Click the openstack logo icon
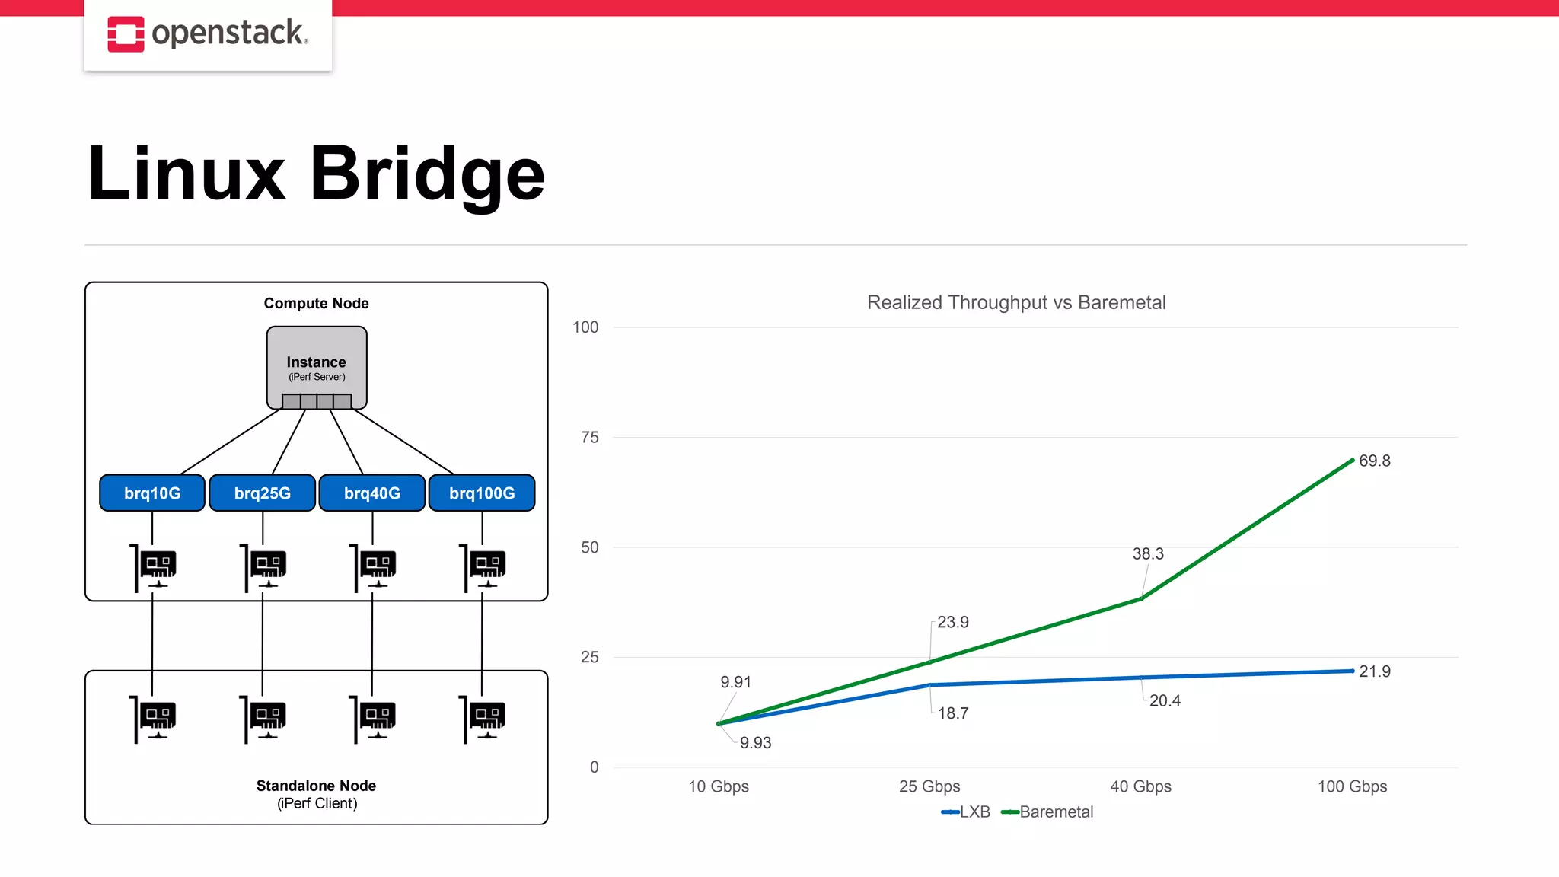126,34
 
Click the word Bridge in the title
427,174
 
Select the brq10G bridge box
152,493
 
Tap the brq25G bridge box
262,493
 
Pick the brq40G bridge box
371,493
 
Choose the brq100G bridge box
482,493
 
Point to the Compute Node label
316,303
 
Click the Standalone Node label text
316,786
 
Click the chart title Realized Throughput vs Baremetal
1016,302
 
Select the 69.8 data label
1374,461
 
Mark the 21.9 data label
1374,671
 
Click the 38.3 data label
1147,553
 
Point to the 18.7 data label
952,713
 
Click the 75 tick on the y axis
589,437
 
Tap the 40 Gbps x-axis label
1140,786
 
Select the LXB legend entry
967,812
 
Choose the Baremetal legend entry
1048,812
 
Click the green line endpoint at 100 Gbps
1352,460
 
